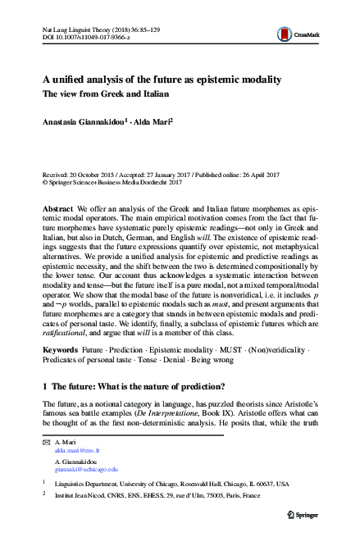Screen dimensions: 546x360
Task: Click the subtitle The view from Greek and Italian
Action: click(x=107, y=94)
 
